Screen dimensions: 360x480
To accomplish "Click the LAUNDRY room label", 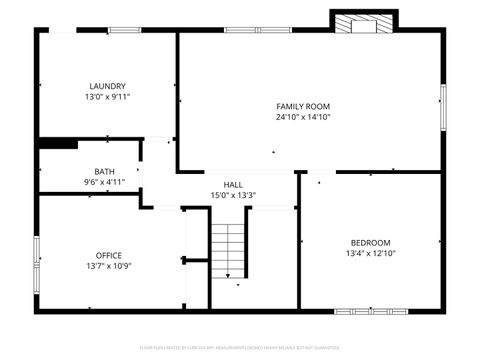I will pyautogui.click(x=107, y=86).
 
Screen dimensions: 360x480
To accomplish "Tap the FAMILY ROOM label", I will pyautogui.click(x=303, y=106).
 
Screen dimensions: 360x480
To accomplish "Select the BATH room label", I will pyautogui.click(x=104, y=171).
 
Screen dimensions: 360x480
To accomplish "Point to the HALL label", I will pyautogui.click(x=233, y=184).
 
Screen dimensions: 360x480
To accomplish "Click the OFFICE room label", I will pyautogui.click(x=108, y=255).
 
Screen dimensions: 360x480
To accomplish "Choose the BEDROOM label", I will pyautogui.click(x=370, y=242).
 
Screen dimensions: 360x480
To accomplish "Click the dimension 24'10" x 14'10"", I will pyautogui.click(x=303, y=117).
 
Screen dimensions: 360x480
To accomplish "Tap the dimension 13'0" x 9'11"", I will pyautogui.click(x=107, y=97).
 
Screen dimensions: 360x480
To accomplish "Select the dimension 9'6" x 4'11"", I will pyautogui.click(x=104, y=182).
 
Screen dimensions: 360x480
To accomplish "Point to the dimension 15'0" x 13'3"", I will pyautogui.click(x=233, y=195).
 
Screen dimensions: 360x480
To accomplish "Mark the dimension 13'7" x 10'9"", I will pyautogui.click(x=108, y=267).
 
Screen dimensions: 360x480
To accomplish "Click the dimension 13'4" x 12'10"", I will pyautogui.click(x=370, y=253).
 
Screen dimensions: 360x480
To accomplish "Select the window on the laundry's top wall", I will pyautogui.click(x=124, y=31).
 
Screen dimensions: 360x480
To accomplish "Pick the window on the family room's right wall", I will pyautogui.click(x=442, y=106).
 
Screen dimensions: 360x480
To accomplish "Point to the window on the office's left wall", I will pyautogui.click(x=37, y=255).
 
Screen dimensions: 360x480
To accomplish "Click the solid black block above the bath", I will pyautogui.click(x=58, y=144).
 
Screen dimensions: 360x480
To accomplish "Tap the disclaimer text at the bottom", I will pyautogui.click(x=240, y=348).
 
